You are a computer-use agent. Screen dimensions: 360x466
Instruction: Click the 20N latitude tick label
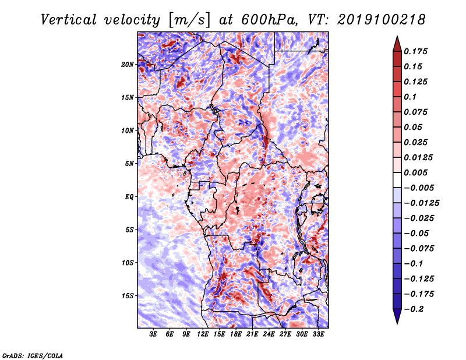(x=128, y=64)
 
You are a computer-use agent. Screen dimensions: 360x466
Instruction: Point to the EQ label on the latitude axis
(x=129, y=196)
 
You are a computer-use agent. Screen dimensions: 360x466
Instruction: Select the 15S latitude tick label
(x=128, y=296)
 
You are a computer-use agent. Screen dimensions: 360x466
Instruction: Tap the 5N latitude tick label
(x=129, y=164)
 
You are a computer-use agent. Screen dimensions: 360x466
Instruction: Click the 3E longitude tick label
(x=154, y=334)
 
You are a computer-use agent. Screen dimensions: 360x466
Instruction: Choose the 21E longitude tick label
(x=253, y=334)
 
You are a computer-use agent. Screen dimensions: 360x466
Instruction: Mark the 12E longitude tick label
(x=203, y=334)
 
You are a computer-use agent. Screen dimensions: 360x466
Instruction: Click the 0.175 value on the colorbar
(x=416, y=51)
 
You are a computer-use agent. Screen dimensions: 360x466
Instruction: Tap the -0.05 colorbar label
(x=416, y=234)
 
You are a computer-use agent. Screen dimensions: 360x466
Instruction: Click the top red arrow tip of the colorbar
(x=397, y=38)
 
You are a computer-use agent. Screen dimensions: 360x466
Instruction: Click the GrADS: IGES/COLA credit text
(x=33, y=355)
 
